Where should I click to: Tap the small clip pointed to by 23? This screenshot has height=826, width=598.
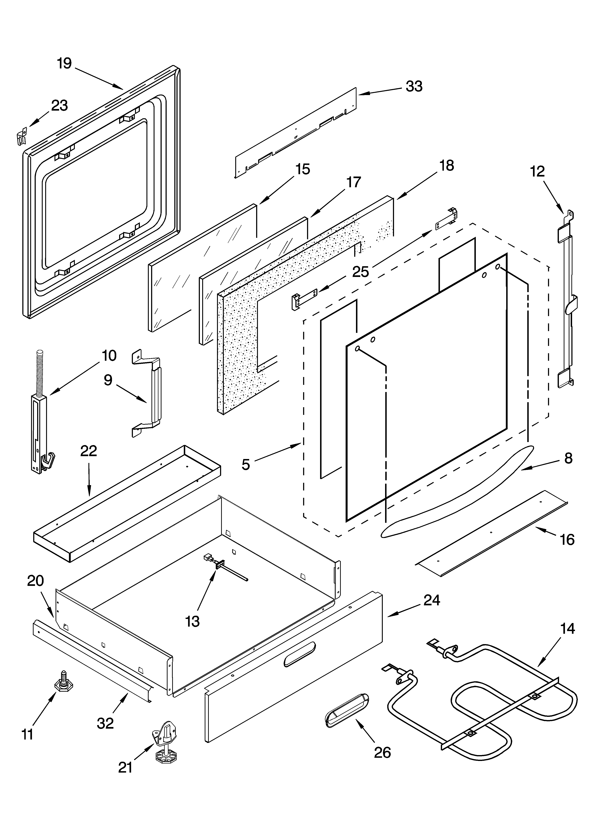pos(22,135)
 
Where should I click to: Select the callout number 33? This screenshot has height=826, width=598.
pos(414,86)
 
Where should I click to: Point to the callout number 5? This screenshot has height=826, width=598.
pos(246,464)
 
